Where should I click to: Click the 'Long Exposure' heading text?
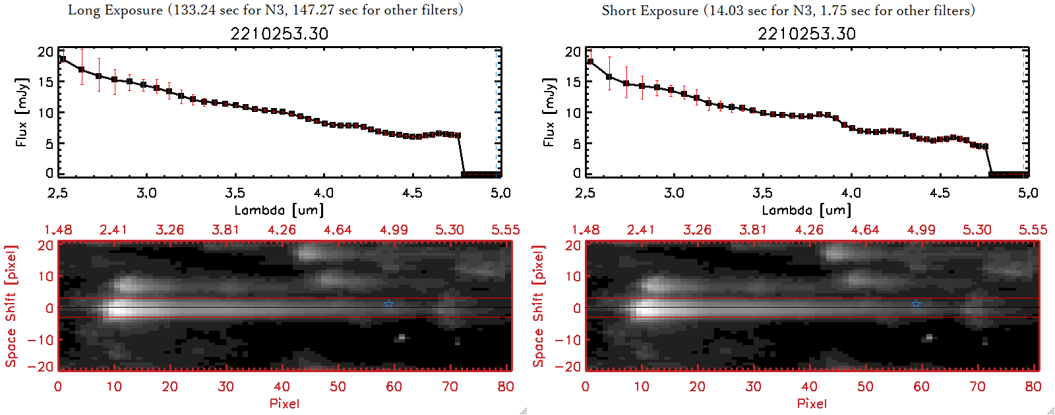pos(115,10)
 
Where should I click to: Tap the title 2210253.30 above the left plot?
pos(279,34)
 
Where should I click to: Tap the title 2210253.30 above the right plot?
pos(806,34)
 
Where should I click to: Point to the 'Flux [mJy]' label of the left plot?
pos(22,112)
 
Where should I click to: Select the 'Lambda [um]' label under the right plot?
pos(806,210)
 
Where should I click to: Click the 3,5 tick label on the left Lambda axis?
pos(235,193)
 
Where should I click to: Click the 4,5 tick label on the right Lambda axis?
pos(940,193)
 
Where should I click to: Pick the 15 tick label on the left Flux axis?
pos(45,82)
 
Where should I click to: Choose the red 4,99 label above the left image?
pos(394,230)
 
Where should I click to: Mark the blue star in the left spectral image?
pos(389,304)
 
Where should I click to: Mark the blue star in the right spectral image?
pos(917,304)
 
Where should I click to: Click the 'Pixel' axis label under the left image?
pos(284,403)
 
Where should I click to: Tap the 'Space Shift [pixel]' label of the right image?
pos(539,306)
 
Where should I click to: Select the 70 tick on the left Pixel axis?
pos(450,387)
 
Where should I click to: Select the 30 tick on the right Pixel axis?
pos(753,387)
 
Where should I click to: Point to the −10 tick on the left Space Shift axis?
pos(40,339)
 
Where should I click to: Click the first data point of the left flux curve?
pos(63,59)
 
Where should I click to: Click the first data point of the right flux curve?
pos(590,62)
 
